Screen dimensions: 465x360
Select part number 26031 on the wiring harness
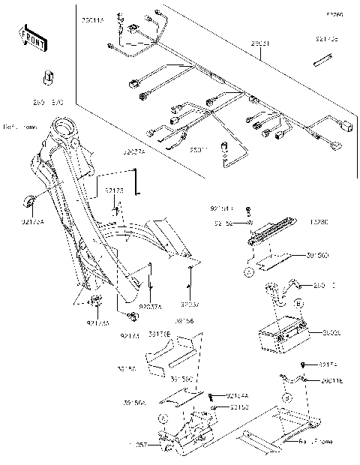259,44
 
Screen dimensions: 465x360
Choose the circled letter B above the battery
298,304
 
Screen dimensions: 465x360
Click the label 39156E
159,332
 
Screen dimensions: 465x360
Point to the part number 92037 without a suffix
190,306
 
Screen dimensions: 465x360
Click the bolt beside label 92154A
215,396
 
